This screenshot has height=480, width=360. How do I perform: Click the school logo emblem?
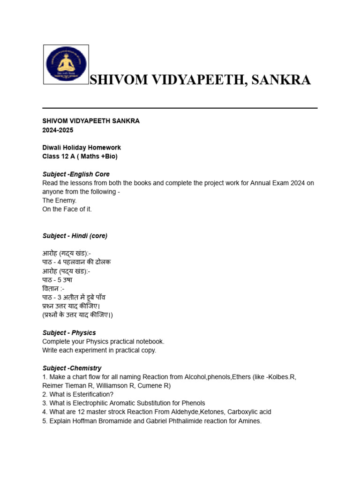[66, 65]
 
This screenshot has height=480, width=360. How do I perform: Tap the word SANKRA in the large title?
[281, 80]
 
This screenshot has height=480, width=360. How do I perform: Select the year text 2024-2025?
[58, 130]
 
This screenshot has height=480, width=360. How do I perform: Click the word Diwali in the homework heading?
[52, 148]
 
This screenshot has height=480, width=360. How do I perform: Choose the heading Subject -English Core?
[76, 174]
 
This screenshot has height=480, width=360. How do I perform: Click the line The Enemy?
[60, 201]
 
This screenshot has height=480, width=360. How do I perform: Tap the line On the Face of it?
[67, 210]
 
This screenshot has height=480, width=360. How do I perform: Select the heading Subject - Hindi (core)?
[75, 236]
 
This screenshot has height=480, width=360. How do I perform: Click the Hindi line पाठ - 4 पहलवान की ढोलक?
[76, 262]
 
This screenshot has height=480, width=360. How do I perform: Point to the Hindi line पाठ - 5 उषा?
[57, 280]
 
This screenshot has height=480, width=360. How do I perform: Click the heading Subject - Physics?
[69, 333]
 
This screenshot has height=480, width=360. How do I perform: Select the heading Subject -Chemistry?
[72, 368]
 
